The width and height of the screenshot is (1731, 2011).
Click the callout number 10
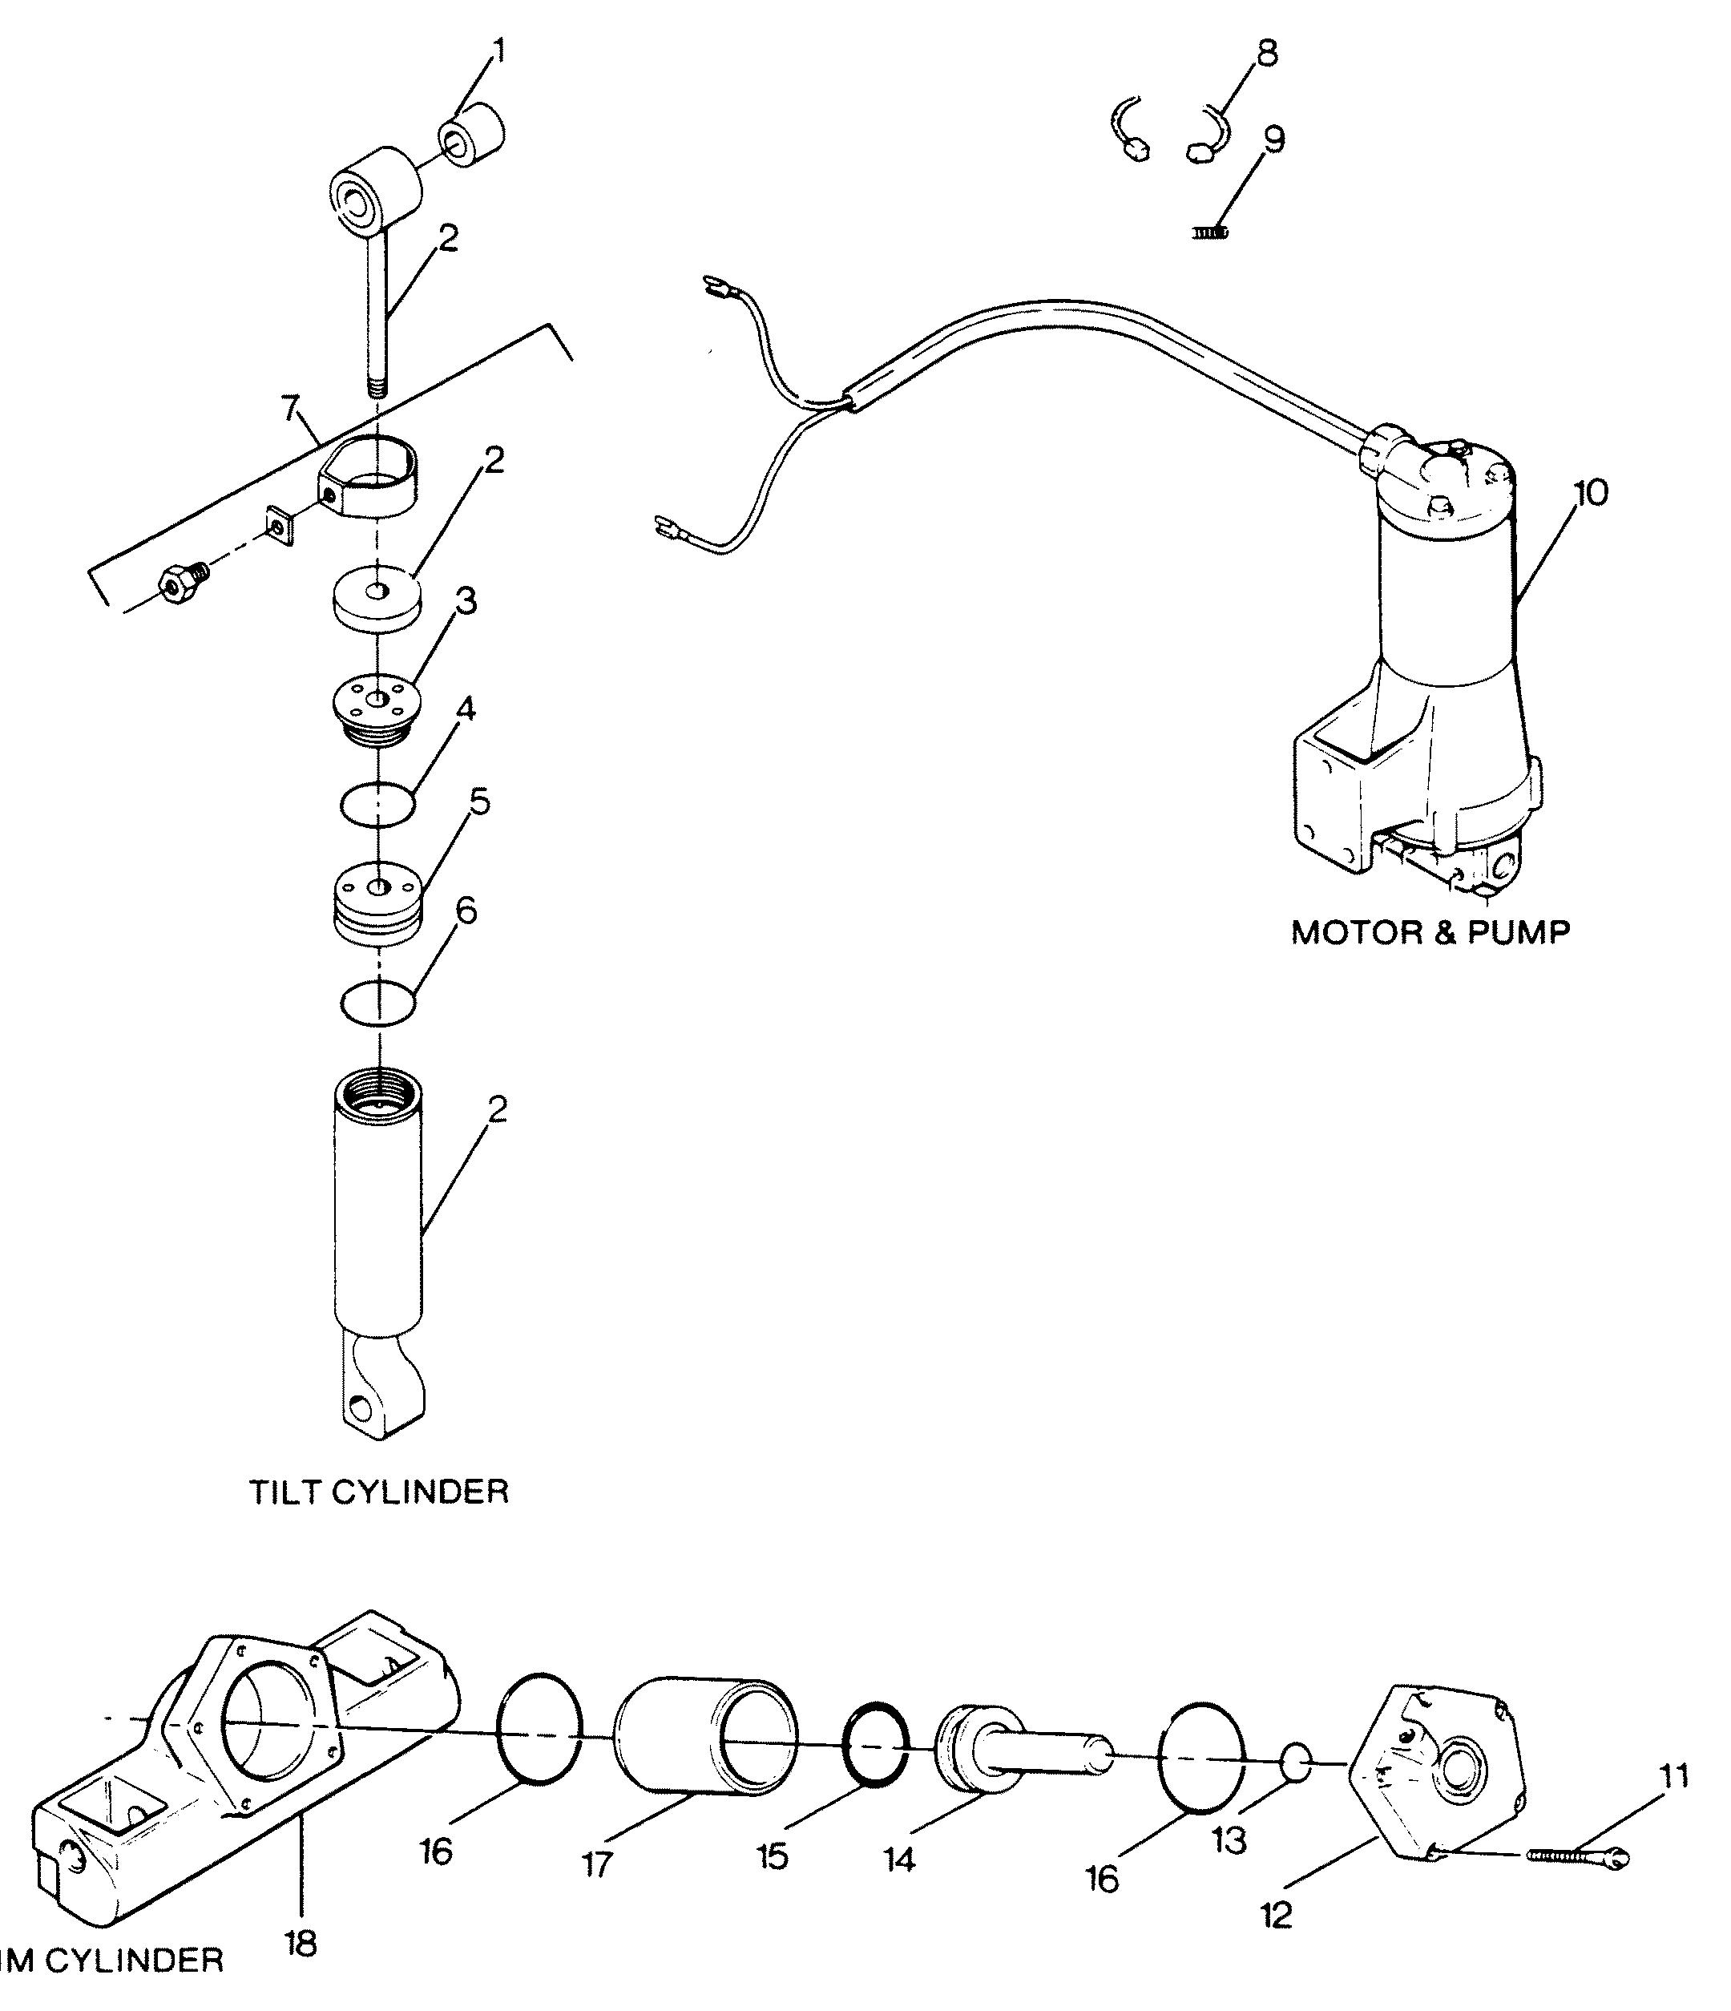click(1589, 493)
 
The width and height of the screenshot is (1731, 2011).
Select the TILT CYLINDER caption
click(379, 1492)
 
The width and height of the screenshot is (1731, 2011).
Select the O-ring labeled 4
click(378, 805)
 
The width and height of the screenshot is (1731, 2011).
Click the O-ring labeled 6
click(378, 1003)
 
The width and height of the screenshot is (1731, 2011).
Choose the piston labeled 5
click(378, 903)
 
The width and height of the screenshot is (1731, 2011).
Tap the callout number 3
click(466, 602)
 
